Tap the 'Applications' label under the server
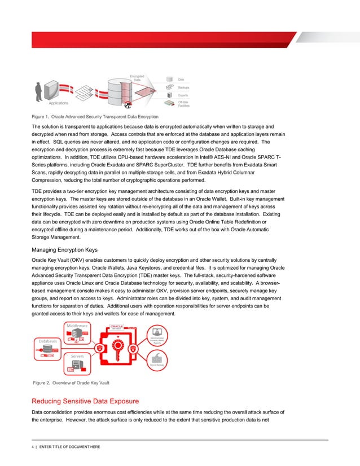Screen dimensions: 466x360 [x=58, y=104]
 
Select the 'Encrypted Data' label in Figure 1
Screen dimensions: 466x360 [x=137, y=78]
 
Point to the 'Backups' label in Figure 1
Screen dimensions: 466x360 [x=183, y=88]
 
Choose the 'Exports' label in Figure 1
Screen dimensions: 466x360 [x=183, y=95]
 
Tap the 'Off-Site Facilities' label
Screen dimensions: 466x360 [x=183, y=104]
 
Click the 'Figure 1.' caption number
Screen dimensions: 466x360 [x=41, y=116]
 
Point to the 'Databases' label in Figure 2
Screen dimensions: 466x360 [x=49, y=341]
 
